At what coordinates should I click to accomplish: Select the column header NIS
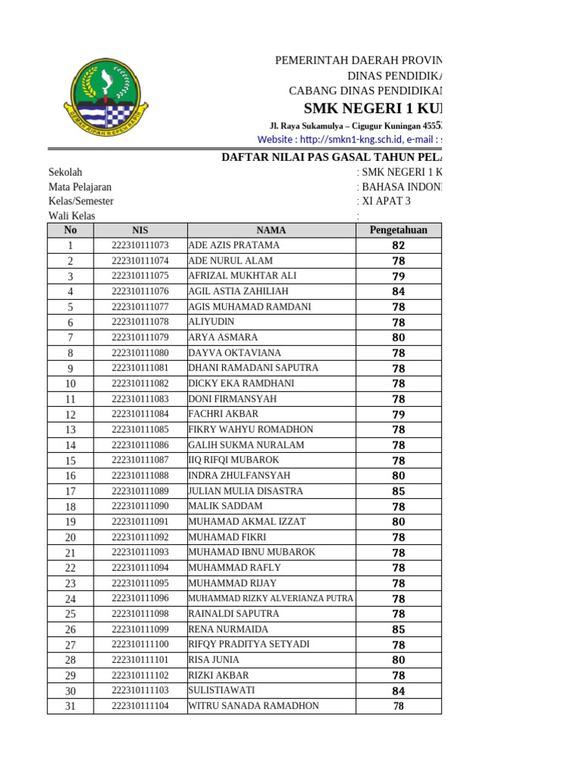(140, 230)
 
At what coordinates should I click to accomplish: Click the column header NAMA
(271, 230)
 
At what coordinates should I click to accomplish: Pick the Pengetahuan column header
(398, 230)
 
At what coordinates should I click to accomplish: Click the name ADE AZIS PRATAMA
(233, 245)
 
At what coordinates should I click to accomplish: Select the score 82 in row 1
(398, 245)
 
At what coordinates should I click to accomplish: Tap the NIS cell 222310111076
(140, 291)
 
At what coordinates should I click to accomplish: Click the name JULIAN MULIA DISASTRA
(245, 491)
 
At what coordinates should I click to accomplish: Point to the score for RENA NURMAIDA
(398, 630)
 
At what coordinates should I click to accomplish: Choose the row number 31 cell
(70, 707)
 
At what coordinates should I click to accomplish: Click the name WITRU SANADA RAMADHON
(253, 707)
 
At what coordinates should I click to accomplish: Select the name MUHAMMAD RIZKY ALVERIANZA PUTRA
(270, 599)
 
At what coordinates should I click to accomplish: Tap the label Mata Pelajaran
(80, 187)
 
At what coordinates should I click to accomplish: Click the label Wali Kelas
(72, 217)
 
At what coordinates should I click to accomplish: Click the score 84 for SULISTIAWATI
(398, 691)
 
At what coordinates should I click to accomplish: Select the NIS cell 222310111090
(140, 507)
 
